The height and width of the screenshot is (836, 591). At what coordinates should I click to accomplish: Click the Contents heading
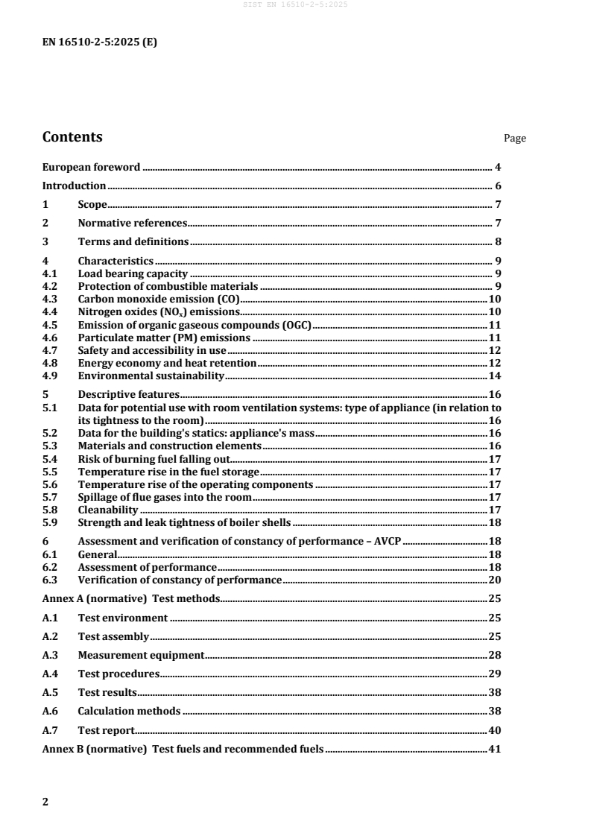pyautogui.click(x=72, y=137)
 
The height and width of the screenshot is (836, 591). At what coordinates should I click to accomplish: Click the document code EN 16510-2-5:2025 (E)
pyautogui.click(x=99, y=42)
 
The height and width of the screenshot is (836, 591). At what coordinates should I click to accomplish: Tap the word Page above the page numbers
pyautogui.click(x=515, y=139)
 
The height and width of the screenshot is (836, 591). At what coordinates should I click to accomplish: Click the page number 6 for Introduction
pyautogui.click(x=497, y=186)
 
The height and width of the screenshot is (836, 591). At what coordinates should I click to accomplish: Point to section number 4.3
pyautogui.click(x=50, y=299)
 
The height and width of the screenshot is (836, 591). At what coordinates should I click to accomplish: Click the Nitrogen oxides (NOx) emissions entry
pyautogui.click(x=159, y=311)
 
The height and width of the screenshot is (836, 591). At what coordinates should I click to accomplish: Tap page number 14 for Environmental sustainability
pyautogui.click(x=494, y=376)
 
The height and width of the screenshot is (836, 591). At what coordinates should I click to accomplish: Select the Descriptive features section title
pyautogui.click(x=129, y=394)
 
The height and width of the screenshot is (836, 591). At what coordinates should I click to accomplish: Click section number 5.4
pyautogui.click(x=50, y=459)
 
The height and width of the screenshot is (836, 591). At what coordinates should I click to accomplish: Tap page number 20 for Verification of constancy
pyautogui.click(x=494, y=580)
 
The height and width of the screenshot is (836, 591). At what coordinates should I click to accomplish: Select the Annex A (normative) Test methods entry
pyautogui.click(x=130, y=598)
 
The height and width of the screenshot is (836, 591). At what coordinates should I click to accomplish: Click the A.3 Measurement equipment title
pyautogui.click(x=141, y=655)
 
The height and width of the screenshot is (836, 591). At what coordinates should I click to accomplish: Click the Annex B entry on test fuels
pyautogui.click(x=183, y=750)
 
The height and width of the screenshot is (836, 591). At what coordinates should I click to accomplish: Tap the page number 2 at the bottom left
pyautogui.click(x=45, y=802)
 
